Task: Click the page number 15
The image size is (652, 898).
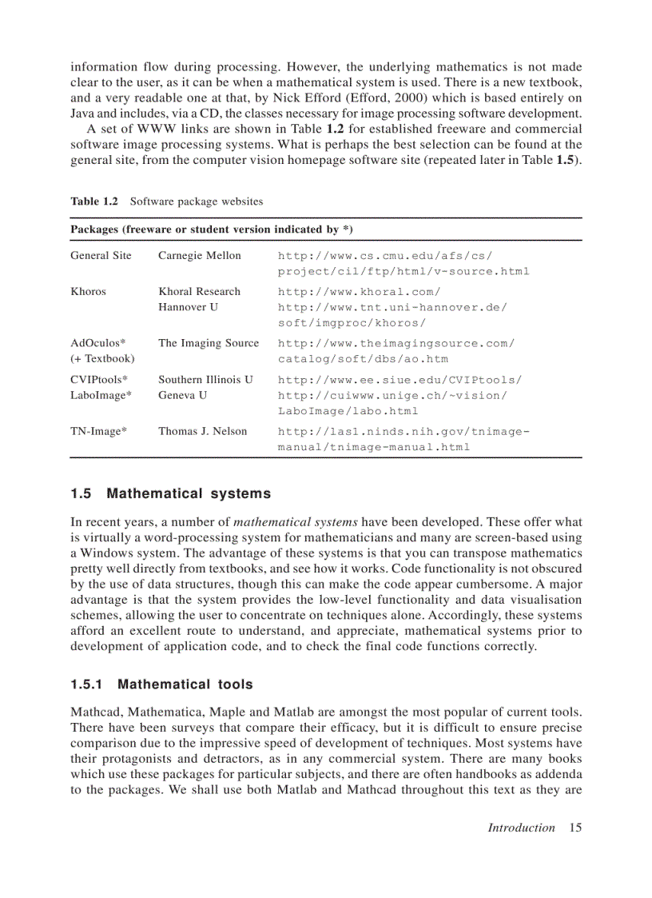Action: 575,828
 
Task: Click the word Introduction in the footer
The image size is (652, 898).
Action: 521,828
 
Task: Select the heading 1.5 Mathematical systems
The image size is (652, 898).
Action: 170,493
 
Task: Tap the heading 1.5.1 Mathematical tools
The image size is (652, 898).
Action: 161,684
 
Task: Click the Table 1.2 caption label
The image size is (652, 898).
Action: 93,202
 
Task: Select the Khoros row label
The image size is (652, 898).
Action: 88,292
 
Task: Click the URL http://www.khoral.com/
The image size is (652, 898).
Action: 359,292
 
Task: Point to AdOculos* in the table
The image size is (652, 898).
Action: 98,343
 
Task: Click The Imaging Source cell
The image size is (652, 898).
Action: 209,343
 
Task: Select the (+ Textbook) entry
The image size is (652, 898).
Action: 102,359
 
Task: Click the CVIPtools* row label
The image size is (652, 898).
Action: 99,380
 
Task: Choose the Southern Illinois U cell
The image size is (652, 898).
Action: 205,380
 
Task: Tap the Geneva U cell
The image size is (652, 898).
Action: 182,395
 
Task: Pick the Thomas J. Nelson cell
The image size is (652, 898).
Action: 202,432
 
